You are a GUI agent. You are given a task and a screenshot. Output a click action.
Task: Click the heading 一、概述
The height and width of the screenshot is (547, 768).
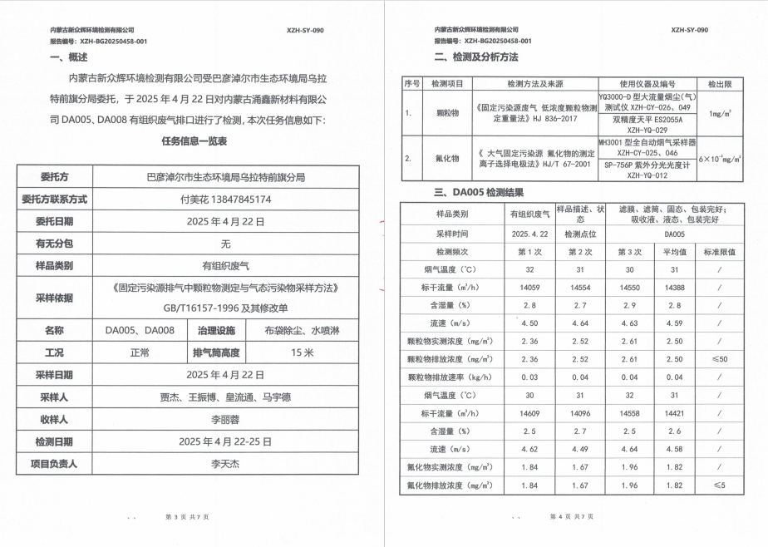click(x=68, y=57)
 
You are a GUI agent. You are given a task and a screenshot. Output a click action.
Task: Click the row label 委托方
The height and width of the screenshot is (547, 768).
click(x=54, y=177)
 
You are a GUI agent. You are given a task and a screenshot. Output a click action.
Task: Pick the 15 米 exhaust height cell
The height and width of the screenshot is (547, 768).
click(x=302, y=352)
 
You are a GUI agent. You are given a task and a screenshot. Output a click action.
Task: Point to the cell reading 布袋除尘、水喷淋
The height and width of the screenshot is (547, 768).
click(x=302, y=330)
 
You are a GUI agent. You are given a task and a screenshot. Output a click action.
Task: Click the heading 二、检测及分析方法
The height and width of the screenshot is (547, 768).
click(x=476, y=57)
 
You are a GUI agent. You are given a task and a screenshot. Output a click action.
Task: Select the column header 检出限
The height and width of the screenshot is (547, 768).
click(x=719, y=84)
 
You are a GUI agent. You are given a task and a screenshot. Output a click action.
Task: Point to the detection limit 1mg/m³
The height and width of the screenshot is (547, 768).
click(x=720, y=113)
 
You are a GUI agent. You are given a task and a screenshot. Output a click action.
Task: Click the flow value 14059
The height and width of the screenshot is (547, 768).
click(x=529, y=286)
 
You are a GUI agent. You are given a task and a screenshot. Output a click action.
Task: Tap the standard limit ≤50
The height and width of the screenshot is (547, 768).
click(x=719, y=359)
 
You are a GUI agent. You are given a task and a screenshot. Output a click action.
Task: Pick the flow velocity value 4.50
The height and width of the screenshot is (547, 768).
click(x=529, y=323)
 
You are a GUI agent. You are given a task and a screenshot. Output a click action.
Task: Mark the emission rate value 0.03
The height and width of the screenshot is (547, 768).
click(x=529, y=377)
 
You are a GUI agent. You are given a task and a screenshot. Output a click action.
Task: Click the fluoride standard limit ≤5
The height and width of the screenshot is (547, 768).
click(x=719, y=485)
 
